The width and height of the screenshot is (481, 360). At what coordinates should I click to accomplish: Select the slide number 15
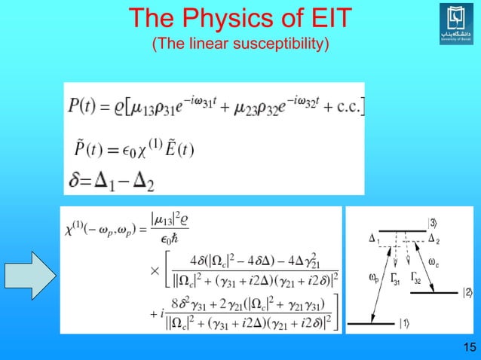pyautogui.click(x=468, y=347)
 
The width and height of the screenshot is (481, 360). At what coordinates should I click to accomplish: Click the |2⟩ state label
pyautogui.click(x=467, y=292)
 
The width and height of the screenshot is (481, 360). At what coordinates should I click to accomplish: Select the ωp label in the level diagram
pyautogui.click(x=375, y=278)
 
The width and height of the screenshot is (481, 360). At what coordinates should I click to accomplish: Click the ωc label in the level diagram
pyautogui.click(x=434, y=261)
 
